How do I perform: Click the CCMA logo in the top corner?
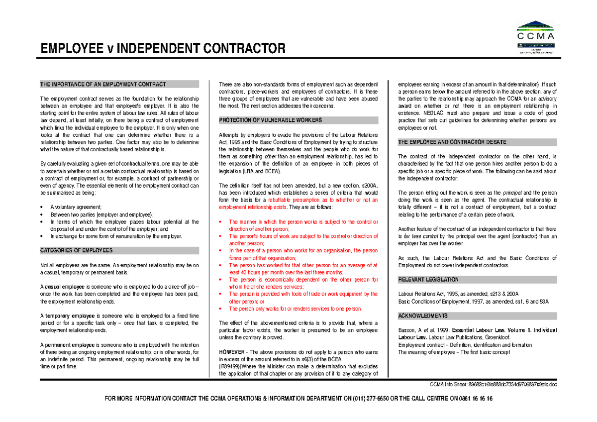[536, 35]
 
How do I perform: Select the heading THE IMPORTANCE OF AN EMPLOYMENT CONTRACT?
[103, 85]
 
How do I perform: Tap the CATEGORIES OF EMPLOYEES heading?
[76, 251]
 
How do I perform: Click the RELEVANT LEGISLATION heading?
[428, 280]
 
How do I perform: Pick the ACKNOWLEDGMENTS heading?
[423, 316]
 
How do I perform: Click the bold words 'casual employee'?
[64, 287]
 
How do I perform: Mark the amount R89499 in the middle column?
[231, 367]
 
